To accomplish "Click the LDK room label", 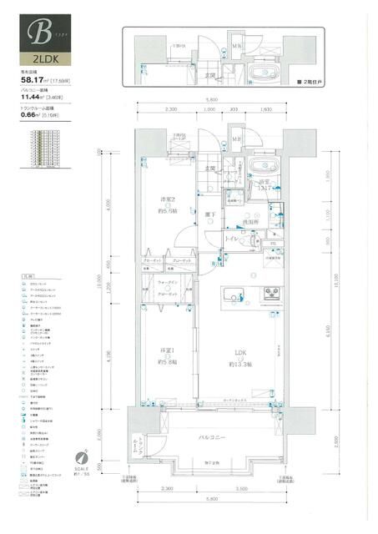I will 240,352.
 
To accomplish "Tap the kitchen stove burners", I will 273,293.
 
